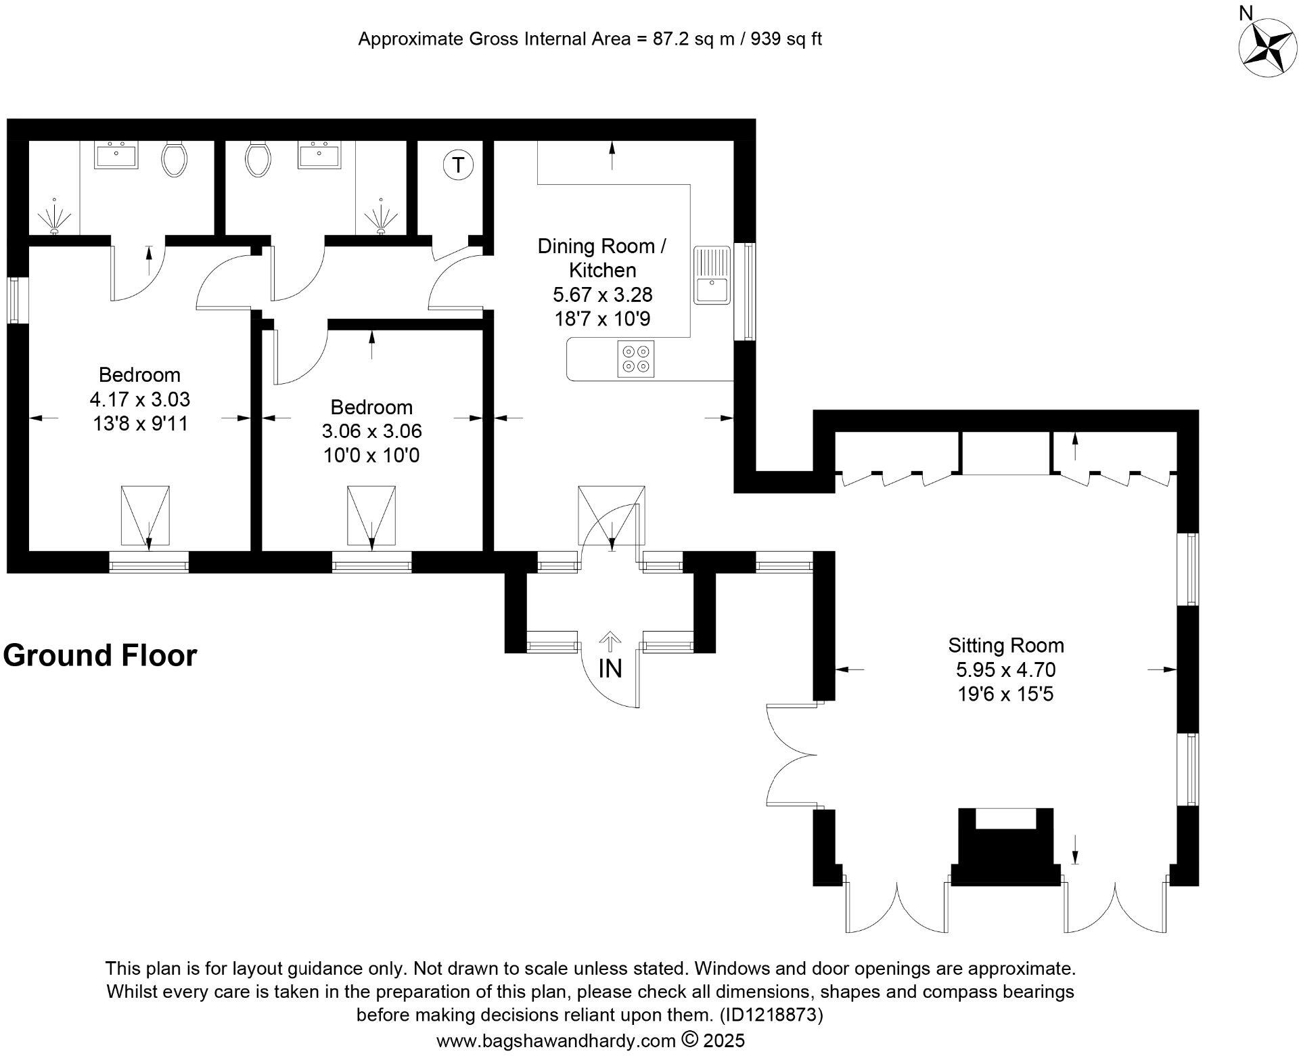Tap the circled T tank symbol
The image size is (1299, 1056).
458,165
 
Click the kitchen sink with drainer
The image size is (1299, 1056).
712,275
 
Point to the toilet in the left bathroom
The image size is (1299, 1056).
174,158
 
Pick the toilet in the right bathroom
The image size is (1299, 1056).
258,158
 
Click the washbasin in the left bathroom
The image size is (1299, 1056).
116,155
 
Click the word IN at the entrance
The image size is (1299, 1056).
610,669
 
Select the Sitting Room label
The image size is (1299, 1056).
1005,645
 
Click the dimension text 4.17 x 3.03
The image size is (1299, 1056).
139,399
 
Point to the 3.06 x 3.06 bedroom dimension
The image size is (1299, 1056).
371,431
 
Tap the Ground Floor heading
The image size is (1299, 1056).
100,655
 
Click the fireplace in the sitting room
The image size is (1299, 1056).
1005,848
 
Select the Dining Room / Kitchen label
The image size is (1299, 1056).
601,258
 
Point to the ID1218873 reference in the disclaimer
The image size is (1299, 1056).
771,1015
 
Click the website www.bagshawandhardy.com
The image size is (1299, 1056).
555,1040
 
